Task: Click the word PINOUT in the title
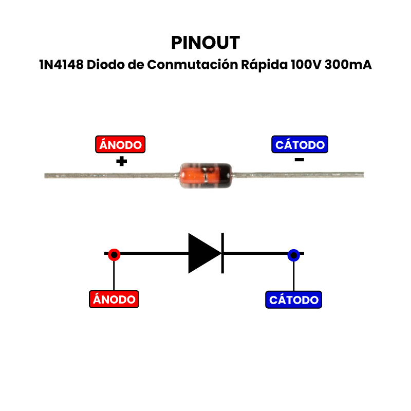tap(206, 43)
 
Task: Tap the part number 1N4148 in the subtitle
tap(61, 66)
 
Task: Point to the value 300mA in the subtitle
tap(348, 66)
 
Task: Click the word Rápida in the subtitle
tap(264, 66)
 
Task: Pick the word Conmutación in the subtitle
tap(194, 66)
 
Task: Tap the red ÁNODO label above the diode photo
tap(121, 145)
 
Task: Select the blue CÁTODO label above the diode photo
tap(300, 145)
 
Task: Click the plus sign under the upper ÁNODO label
tap(121, 161)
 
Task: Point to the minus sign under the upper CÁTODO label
tap(300, 160)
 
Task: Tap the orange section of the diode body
tap(193, 175)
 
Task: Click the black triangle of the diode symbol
tap(202, 253)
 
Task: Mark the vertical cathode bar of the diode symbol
tap(222, 253)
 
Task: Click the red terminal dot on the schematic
tap(114, 254)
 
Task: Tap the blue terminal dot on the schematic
tap(293, 255)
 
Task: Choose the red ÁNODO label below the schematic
tap(114, 299)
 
